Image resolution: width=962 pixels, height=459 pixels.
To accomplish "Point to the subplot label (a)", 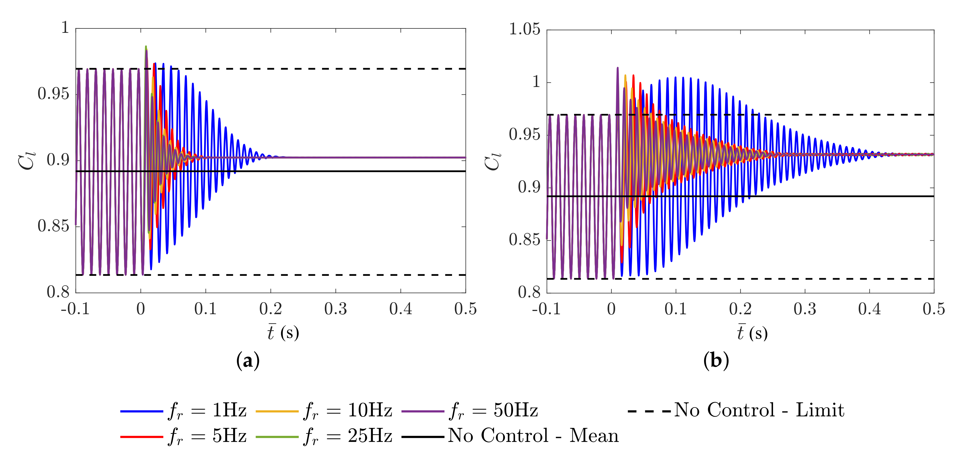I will point(248,361).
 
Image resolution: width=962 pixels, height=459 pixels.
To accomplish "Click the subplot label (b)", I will point(716,361).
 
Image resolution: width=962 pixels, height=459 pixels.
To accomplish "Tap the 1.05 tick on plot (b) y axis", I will point(524,30).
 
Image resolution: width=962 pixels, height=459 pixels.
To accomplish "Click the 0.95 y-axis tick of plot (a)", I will point(53,94).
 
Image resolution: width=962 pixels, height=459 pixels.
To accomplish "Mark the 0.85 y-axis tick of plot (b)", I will point(524,240).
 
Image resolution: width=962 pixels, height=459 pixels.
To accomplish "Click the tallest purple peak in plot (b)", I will point(617,68).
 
